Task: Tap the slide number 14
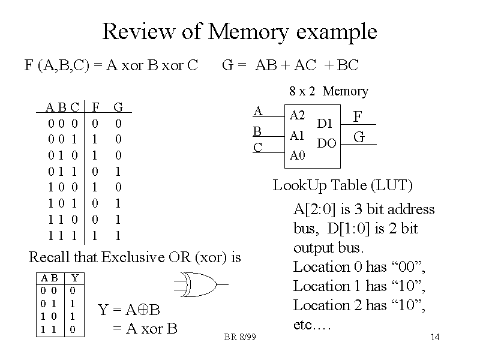click(x=436, y=338)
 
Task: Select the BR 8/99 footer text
click(x=240, y=338)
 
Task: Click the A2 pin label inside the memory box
click(x=297, y=115)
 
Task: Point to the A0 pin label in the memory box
click(x=297, y=156)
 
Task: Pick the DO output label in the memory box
click(x=326, y=143)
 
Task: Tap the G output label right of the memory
click(x=359, y=137)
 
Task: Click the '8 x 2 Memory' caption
click(x=328, y=91)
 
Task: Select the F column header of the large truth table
click(x=95, y=107)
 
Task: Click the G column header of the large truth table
click(x=118, y=107)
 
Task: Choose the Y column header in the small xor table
click(x=74, y=278)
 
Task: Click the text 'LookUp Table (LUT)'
click(x=343, y=185)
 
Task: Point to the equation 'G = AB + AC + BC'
click(x=290, y=65)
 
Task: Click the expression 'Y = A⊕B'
click(x=129, y=310)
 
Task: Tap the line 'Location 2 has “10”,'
click(x=359, y=305)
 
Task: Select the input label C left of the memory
click(x=257, y=146)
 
